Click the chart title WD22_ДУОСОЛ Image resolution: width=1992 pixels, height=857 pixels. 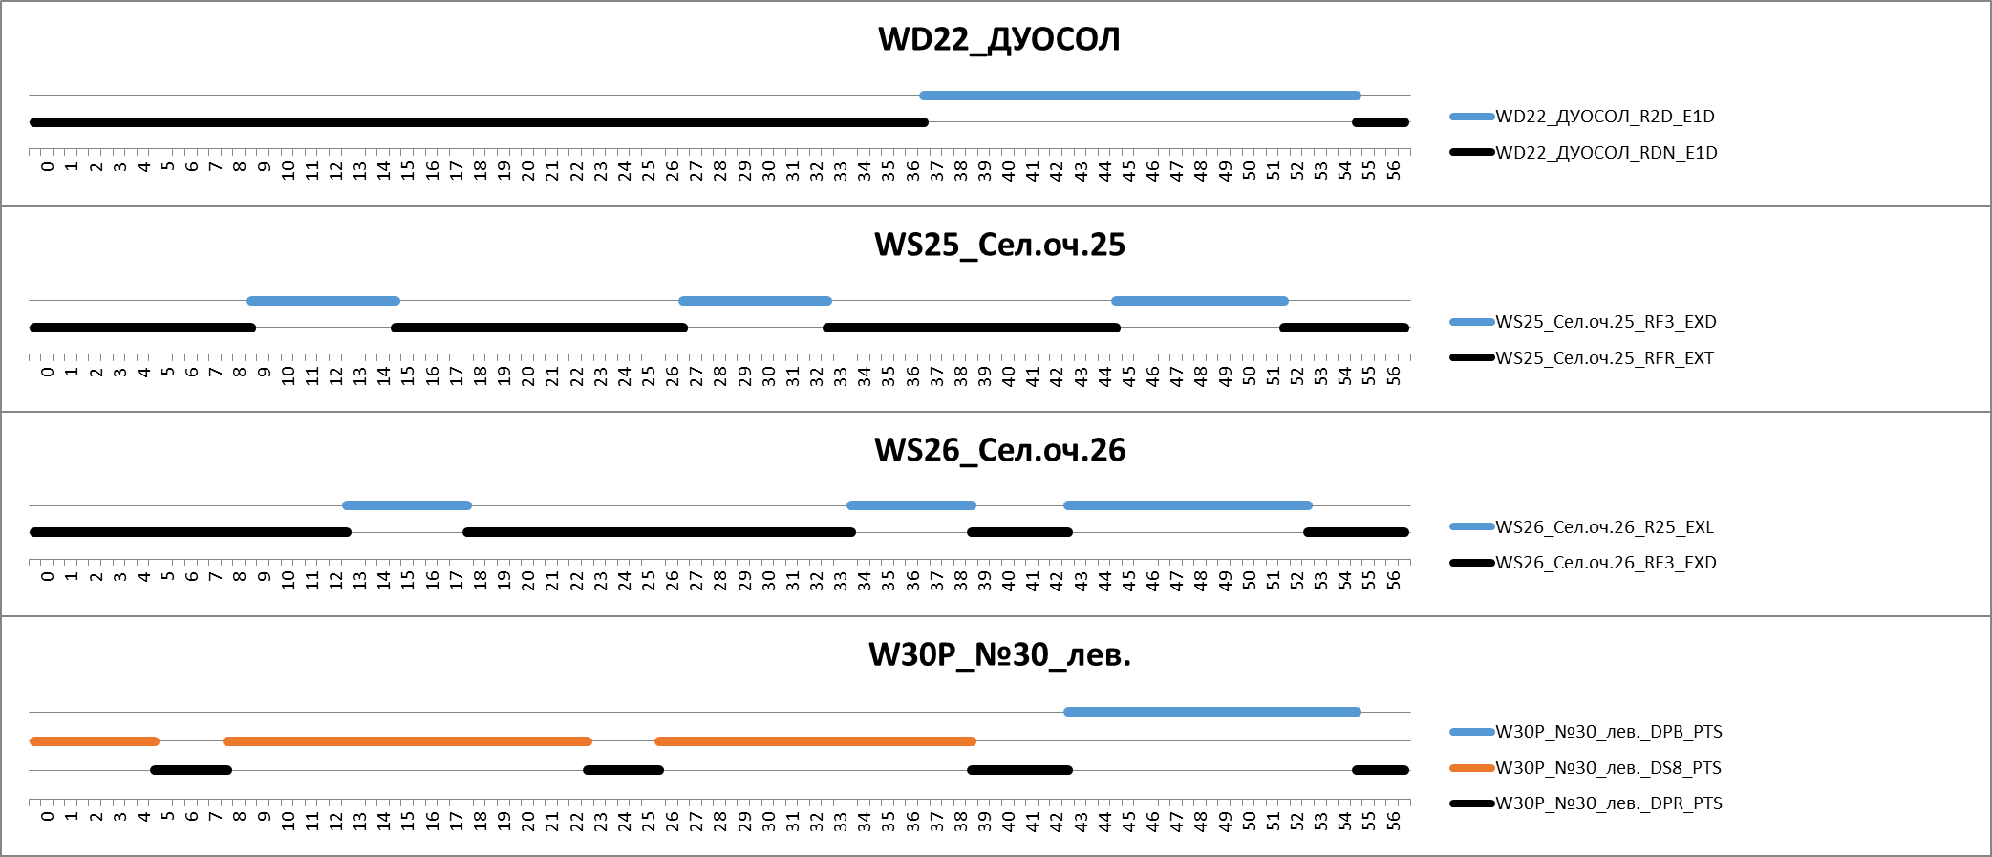pyautogui.click(x=998, y=39)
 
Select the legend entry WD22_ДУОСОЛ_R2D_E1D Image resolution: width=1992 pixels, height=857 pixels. pyautogui.click(x=1604, y=117)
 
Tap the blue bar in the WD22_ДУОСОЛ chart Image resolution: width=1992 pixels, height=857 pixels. pyautogui.click(x=1140, y=96)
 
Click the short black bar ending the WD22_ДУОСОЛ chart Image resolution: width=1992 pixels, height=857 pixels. pyautogui.click(x=1380, y=122)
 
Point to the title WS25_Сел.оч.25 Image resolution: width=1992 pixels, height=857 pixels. pyautogui.click(x=999, y=245)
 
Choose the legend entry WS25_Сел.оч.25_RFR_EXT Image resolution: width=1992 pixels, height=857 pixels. pyautogui.click(x=1604, y=358)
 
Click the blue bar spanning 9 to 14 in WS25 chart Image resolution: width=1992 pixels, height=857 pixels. pyautogui.click(x=323, y=301)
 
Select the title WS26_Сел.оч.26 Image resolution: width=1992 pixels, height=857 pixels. pyautogui.click(x=999, y=450)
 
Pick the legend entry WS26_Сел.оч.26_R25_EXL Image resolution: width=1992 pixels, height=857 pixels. pyautogui.click(x=1604, y=527)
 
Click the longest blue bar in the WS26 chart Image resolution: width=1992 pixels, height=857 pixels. pyautogui.click(x=1188, y=505)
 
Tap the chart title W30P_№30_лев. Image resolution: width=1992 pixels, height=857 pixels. pyautogui.click(x=999, y=655)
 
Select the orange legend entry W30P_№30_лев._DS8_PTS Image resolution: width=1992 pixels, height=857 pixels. pyautogui.click(x=1608, y=768)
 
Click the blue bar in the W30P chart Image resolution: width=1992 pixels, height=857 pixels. pyautogui.click(x=1211, y=712)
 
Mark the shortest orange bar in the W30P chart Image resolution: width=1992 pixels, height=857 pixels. pyautogui.click(x=94, y=741)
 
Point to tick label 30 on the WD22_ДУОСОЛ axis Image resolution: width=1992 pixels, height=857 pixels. pyautogui.click(x=769, y=171)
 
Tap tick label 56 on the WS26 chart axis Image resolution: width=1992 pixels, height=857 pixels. pyautogui.click(x=1394, y=579)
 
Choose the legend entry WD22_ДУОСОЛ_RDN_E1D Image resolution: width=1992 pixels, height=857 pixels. pyautogui.click(x=1606, y=153)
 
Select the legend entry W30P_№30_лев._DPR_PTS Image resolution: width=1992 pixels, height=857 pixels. pyautogui.click(x=1608, y=803)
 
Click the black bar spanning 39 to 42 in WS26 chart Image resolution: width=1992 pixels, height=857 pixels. pyautogui.click(x=1019, y=532)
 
